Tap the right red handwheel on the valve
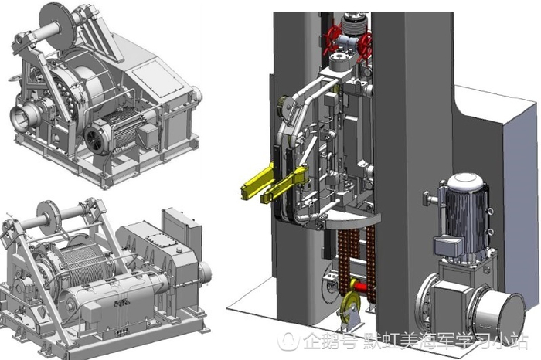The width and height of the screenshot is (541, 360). click(365, 45)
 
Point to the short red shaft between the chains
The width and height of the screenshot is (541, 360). click(360, 287)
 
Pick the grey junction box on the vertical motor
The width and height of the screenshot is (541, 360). click(447, 245)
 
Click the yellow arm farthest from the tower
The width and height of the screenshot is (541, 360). click(257, 183)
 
